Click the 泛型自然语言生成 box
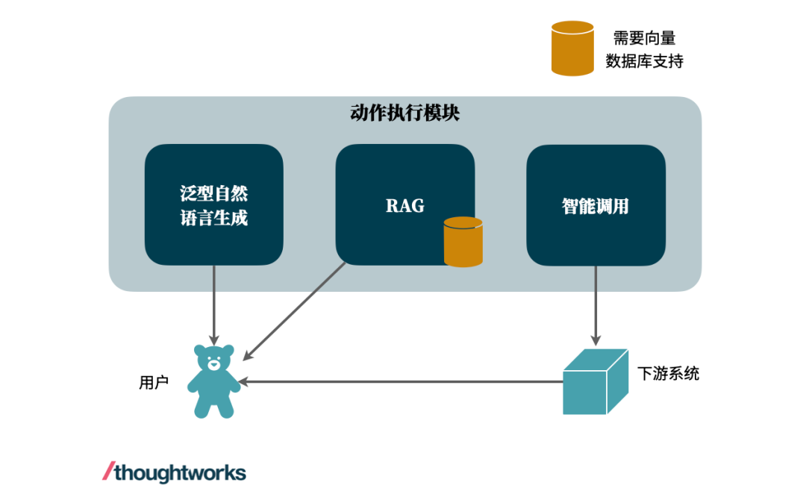[x=214, y=205]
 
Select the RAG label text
[x=404, y=206]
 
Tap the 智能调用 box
[x=596, y=205]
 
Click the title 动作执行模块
[x=404, y=113]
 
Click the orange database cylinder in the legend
[x=572, y=49]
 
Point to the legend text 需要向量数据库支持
[x=644, y=50]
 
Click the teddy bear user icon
[x=213, y=381]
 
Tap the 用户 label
[x=154, y=383]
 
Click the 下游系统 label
[x=669, y=374]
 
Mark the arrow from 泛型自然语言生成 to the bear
[x=214, y=302]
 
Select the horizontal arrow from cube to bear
[x=403, y=381]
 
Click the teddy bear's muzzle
[x=214, y=365]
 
